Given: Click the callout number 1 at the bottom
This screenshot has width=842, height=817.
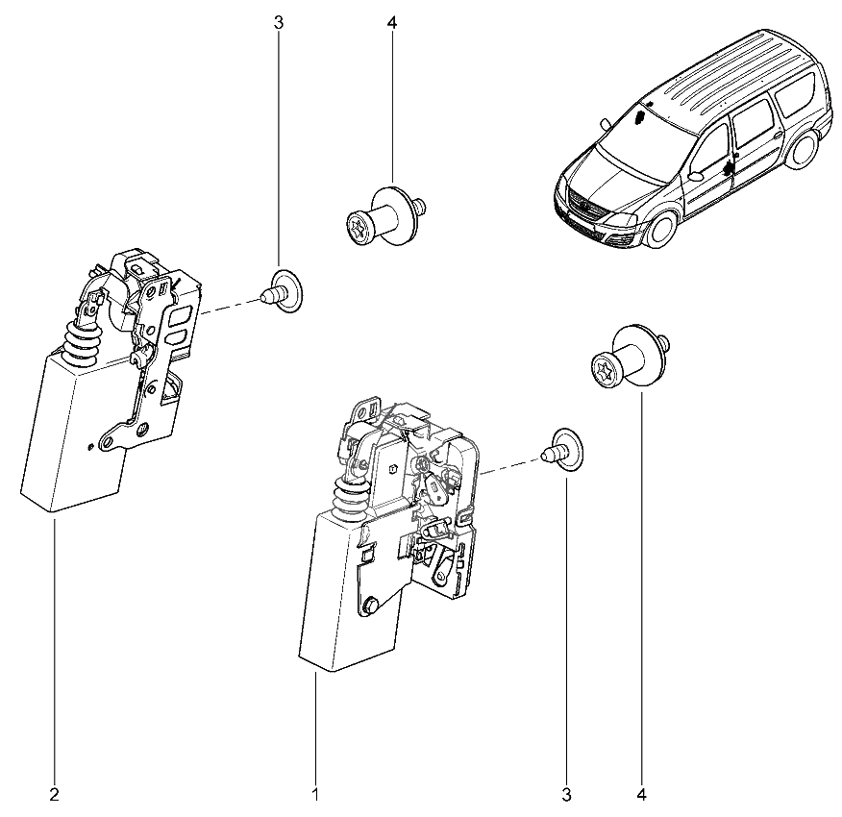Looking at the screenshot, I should coord(314,795).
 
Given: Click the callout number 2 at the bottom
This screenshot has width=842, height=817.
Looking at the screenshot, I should coord(54,795).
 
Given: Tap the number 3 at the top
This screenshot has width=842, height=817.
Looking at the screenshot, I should coord(279,22).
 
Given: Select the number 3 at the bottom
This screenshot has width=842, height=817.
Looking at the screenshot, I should coord(566,795).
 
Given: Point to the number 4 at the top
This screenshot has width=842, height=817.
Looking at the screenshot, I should coord(392,22).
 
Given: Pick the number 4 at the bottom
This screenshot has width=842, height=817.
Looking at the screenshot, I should coord(641,795).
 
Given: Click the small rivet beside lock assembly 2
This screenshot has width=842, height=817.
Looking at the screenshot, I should coord(282,289).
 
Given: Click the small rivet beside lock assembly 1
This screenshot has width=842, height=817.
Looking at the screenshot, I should coord(561,449).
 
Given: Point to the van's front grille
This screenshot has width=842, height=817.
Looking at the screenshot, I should coord(585,210).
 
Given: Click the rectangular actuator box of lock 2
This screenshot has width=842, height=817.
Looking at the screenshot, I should coord(72,433).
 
